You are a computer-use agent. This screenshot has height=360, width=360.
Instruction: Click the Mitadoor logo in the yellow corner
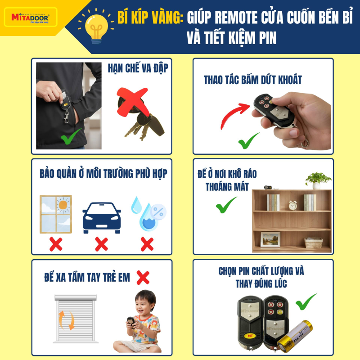point(31,18)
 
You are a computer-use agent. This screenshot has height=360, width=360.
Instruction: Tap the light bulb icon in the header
point(96,27)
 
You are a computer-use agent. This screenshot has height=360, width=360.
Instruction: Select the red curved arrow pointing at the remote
point(234,114)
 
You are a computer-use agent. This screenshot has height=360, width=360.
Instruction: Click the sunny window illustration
point(56,214)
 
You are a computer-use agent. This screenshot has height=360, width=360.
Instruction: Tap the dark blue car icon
point(102,218)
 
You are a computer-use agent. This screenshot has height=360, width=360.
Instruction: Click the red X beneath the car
point(102,244)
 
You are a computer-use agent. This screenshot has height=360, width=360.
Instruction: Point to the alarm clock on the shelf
point(293,205)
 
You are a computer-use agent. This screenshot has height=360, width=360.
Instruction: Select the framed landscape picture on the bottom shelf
point(270,239)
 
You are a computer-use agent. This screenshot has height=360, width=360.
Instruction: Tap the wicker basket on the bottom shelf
point(313,243)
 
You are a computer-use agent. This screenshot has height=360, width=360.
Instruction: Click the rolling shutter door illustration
point(76,319)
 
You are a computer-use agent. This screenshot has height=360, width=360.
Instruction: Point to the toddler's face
point(144,306)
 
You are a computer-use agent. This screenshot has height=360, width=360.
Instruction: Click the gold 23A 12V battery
point(295,336)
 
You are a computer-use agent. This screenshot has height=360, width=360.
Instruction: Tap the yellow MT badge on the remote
point(250,336)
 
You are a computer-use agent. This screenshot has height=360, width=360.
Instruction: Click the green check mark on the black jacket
point(71,136)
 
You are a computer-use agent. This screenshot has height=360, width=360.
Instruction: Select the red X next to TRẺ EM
point(143,278)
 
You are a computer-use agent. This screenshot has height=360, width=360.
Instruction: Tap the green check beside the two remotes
point(306,302)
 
